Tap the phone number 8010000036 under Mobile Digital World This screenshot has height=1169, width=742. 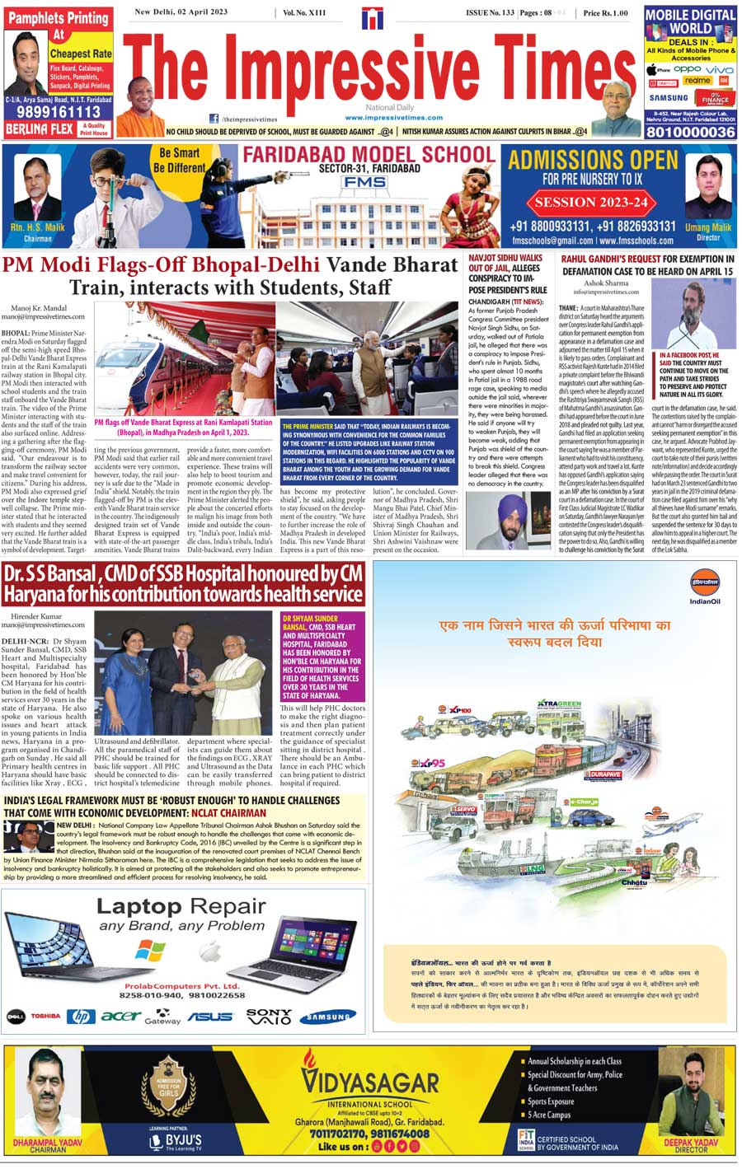(690, 132)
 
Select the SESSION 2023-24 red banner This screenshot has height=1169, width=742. (592, 202)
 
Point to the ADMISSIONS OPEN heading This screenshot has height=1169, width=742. (593, 160)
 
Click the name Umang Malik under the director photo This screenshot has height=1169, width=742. (707, 227)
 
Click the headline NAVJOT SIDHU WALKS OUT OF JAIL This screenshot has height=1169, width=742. (505, 263)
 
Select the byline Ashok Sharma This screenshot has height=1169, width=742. (606, 283)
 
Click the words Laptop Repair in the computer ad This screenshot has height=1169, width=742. (181, 907)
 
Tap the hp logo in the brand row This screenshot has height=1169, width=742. (82, 1017)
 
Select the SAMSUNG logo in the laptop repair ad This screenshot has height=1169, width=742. (328, 1017)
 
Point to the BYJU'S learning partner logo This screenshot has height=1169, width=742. (176, 1141)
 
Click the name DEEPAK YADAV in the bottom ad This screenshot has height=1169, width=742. (691, 1143)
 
